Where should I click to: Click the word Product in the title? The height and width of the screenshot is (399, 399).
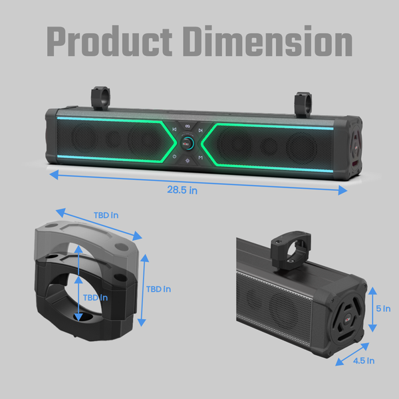110,41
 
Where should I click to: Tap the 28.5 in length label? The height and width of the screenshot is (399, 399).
182,190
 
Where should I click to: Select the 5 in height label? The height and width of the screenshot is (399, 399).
383,309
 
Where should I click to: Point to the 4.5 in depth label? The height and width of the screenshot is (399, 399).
364,361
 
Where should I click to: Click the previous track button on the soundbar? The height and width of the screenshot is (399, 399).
174,130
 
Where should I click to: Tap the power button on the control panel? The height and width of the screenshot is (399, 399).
174,156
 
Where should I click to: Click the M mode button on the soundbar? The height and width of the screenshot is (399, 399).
201,158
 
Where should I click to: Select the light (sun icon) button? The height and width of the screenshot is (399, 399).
188,160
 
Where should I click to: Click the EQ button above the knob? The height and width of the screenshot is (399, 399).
188,126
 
